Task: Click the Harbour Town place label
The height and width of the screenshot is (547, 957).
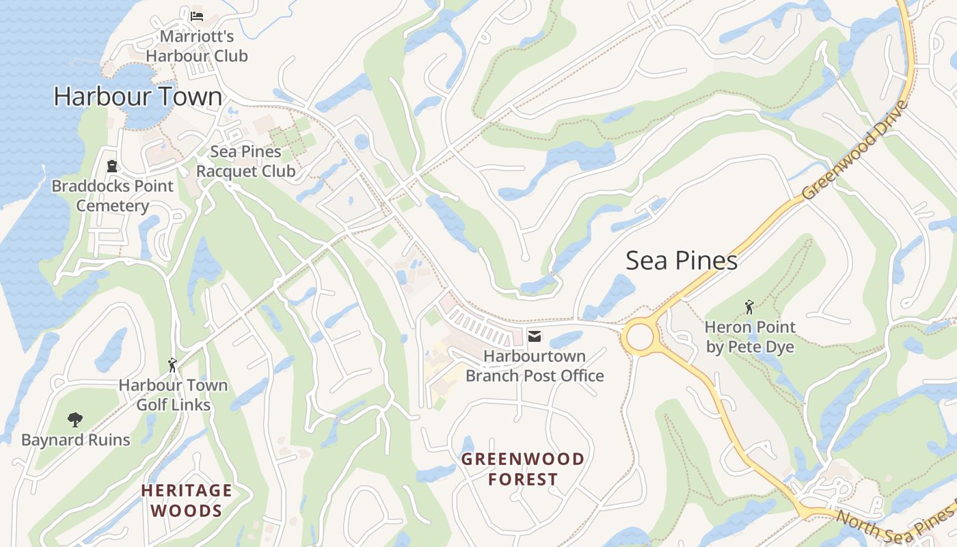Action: click(138, 96)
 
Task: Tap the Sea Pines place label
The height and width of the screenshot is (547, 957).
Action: click(682, 261)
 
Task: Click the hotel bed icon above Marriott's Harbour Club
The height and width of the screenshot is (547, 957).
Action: click(197, 15)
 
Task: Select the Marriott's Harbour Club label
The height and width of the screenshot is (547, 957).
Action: click(197, 46)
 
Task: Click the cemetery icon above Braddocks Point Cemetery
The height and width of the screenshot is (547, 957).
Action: click(112, 165)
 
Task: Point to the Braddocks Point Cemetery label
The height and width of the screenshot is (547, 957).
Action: click(113, 196)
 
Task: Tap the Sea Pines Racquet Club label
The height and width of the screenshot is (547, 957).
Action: click(245, 161)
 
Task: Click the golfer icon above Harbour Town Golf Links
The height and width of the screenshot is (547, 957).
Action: click(172, 365)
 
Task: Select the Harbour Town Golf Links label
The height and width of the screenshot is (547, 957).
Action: click(173, 395)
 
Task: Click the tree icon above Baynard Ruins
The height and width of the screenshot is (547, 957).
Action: click(75, 419)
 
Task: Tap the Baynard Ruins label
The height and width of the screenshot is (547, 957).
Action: click(75, 440)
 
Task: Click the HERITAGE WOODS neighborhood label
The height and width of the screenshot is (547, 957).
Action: click(187, 500)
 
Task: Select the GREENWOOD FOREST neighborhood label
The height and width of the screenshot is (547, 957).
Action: click(523, 468)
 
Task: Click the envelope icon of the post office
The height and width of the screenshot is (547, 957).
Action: click(535, 336)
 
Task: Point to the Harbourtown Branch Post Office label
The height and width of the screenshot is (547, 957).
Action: click(535, 366)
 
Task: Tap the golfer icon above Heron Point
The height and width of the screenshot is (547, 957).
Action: click(749, 307)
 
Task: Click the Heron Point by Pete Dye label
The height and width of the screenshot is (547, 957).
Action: click(750, 336)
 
